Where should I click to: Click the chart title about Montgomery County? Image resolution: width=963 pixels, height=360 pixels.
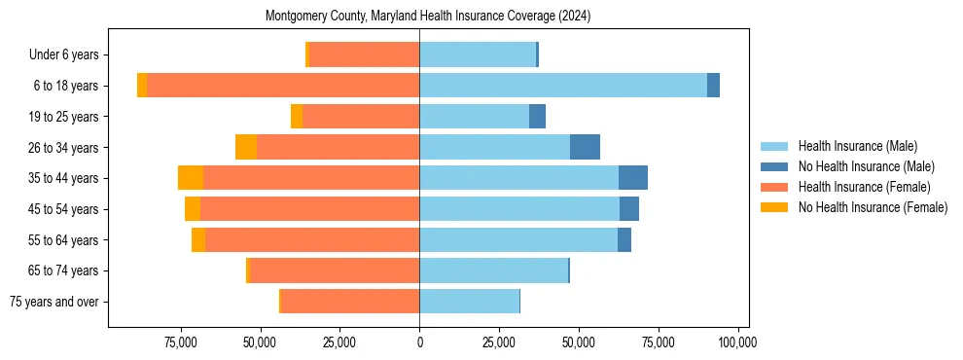(429, 17)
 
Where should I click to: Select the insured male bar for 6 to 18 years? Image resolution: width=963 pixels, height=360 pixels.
(563, 86)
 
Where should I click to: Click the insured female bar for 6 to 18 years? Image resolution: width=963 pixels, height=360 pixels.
(283, 86)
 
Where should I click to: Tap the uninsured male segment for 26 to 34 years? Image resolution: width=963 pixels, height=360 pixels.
(585, 147)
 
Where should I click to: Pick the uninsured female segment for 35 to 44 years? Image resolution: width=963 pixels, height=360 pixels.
(191, 178)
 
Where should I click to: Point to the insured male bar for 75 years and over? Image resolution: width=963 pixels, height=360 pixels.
(469, 302)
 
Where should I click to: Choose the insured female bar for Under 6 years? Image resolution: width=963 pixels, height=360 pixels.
(364, 54)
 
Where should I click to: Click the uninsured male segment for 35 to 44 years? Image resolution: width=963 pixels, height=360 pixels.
(633, 178)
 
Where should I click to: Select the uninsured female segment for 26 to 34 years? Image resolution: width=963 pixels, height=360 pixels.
(246, 147)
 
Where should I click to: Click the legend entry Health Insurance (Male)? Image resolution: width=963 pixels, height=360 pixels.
(857, 147)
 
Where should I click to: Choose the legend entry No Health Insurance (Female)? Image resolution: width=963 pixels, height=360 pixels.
(872, 207)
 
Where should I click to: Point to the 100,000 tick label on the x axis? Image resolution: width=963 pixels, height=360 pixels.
(737, 342)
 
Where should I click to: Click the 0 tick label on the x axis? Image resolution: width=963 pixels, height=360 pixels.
(419, 342)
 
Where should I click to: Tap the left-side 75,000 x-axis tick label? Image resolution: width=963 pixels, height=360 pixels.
(181, 342)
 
